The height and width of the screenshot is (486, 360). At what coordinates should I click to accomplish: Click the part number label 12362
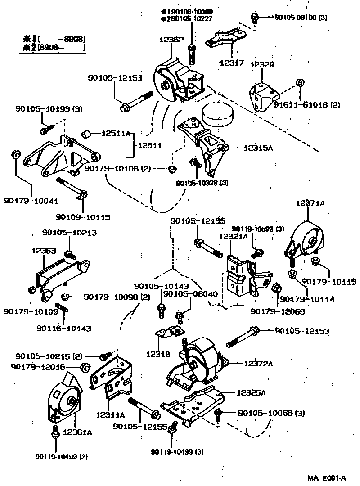[171, 40]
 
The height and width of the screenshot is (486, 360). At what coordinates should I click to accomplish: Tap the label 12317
[232, 63]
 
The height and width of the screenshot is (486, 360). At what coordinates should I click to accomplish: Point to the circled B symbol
[299, 83]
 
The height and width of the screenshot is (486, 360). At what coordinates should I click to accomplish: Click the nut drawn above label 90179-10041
[14, 156]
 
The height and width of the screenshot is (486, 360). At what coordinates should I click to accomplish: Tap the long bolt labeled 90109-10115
[72, 189]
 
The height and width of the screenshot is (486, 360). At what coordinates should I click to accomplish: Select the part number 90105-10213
[70, 233]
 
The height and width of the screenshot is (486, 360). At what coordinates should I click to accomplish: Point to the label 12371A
[310, 203]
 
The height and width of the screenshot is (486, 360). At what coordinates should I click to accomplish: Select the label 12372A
[258, 363]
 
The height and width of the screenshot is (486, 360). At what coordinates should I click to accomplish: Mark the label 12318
[157, 354]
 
